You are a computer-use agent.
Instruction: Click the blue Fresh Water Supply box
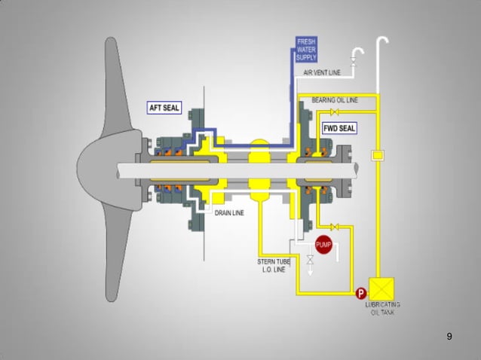click(307, 48)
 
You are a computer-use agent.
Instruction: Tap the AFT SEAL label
click(164, 108)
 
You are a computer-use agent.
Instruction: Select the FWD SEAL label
click(339, 129)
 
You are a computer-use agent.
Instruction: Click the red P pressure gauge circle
click(361, 293)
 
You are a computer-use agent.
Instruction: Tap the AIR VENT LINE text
click(321, 73)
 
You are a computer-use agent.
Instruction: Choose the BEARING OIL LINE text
click(335, 99)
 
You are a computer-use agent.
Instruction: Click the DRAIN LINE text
click(229, 213)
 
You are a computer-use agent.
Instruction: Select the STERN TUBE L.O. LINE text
click(274, 264)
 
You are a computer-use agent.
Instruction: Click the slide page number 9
click(449, 336)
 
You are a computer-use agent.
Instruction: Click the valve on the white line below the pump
click(309, 260)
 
